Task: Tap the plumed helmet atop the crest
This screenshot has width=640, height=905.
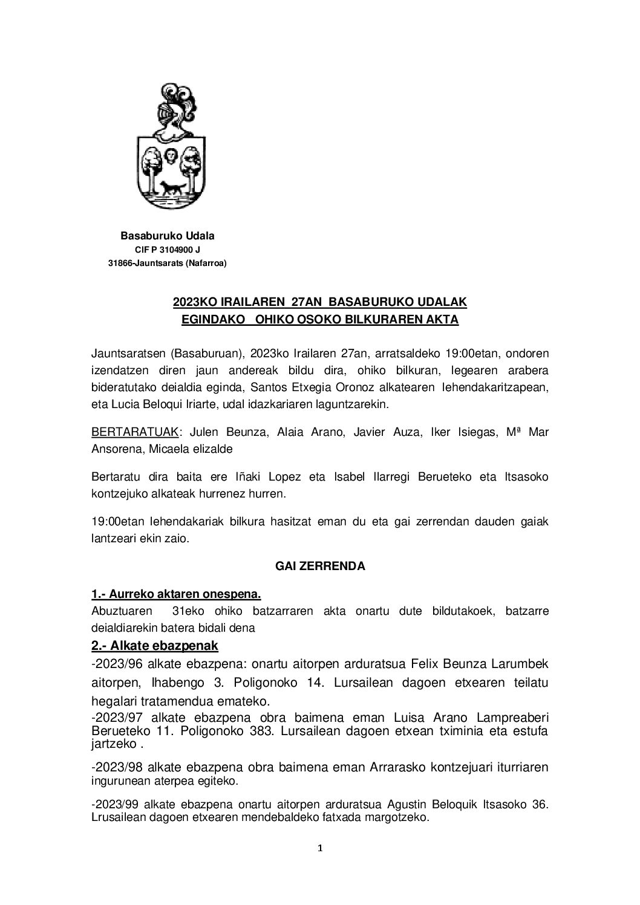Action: point(171,112)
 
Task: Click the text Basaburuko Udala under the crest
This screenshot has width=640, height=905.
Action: point(168,236)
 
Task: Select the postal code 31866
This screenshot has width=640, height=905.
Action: point(120,262)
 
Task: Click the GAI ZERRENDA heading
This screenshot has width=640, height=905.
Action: point(320,566)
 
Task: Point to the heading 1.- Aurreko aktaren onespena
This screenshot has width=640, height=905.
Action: point(176,594)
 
